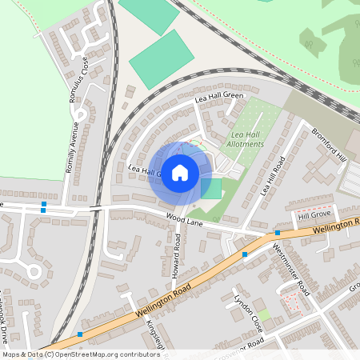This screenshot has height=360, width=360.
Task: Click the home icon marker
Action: click(x=180, y=172)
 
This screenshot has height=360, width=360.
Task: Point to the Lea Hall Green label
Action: click(x=218, y=98)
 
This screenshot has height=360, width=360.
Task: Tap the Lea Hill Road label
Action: click(x=272, y=177)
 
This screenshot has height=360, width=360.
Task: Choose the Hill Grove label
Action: click(x=314, y=216)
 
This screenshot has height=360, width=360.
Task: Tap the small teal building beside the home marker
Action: click(x=211, y=189)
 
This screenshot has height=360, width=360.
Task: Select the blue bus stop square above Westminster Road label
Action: click(x=278, y=232)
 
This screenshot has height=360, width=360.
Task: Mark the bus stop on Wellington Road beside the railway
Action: click(x=81, y=334)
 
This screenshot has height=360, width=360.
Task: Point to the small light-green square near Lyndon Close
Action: click(x=264, y=315)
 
